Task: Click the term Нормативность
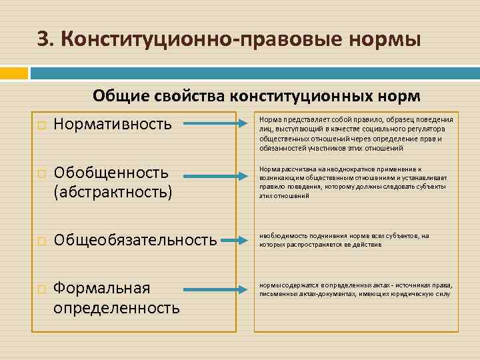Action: coord(112,123)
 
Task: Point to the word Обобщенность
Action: coord(111,173)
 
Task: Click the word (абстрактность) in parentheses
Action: coord(113,192)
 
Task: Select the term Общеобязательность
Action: coord(135,239)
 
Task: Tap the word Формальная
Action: coord(102,288)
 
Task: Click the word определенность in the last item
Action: coord(117,307)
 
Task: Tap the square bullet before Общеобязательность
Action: coord(41,241)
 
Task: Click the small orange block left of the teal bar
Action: coord(15,72)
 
